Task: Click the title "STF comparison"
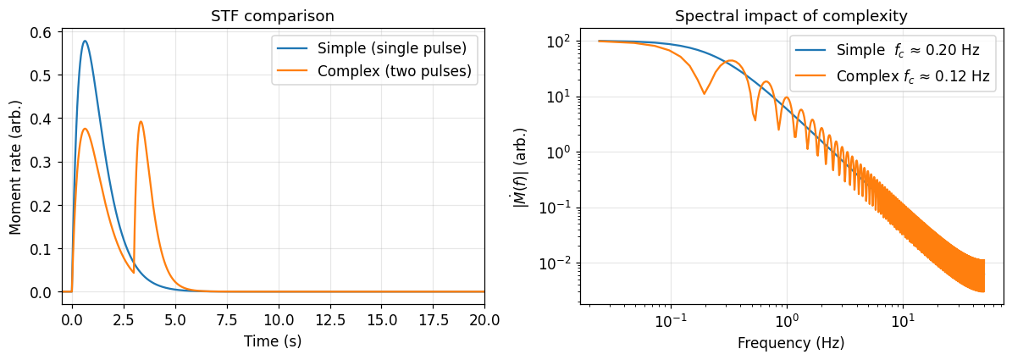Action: pyautogui.click(x=273, y=16)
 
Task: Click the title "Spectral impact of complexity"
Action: pyautogui.click(x=791, y=16)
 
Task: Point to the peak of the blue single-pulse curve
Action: pyautogui.click(x=85, y=41)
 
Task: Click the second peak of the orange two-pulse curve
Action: pyautogui.click(x=141, y=122)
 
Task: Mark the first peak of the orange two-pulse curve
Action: pyautogui.click(x=85, y=129)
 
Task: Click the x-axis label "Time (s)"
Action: pyautogui.click(x=273, y=341)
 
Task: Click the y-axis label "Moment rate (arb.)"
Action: pyautogui.click(x=15, y=162)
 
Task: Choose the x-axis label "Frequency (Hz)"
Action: pyautogui.click(x=791, y=343)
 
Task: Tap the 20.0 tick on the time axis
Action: pyautogui.click(x=484, y=320)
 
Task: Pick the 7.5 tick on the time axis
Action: pyautogui.click(x=226, y=320)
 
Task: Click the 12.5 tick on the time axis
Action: pyautogui.click(x=329, y=320)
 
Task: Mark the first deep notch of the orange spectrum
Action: pyautogui.click(x=704, y=94)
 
